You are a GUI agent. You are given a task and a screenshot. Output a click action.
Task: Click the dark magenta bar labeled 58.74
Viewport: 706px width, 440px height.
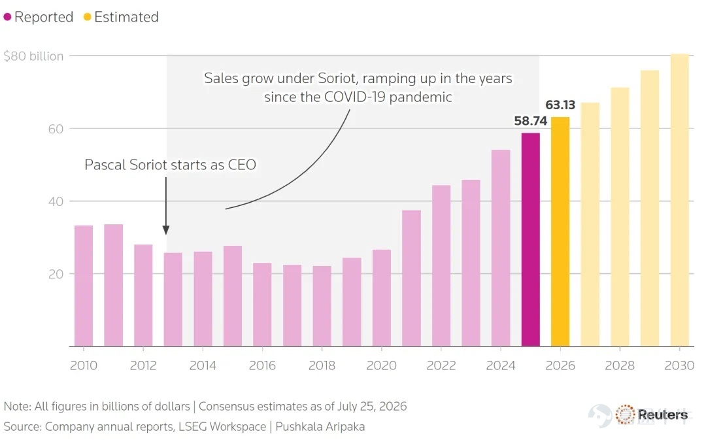tap(530, 239)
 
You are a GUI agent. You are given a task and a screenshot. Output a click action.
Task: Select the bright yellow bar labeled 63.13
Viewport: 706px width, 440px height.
tap(560, 231)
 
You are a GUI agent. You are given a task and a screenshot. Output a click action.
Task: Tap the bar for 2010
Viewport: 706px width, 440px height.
tap(84, 286)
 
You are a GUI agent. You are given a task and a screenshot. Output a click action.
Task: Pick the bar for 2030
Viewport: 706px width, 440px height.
tap(679, 200)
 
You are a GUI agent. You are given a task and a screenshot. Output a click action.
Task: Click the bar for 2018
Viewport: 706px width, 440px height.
tap(322, 306)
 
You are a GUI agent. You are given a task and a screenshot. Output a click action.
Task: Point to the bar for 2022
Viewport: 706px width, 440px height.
tap(441, 265)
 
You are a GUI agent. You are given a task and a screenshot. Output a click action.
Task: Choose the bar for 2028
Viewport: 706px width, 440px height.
tap(620, 217)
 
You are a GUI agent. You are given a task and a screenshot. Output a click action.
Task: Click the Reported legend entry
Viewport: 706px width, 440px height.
tap(39, 17)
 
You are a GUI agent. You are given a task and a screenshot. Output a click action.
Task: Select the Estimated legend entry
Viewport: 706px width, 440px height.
tap(121, 17)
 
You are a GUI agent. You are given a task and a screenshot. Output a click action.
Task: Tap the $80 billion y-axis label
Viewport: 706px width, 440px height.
tap(33, 56)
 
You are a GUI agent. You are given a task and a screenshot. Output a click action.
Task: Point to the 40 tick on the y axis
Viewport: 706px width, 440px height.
tap(56, 201)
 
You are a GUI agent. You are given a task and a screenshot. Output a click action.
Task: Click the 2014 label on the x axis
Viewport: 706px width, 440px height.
tap(203, 365)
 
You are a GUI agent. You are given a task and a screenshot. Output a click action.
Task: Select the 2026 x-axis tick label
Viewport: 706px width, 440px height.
tap(560, 365)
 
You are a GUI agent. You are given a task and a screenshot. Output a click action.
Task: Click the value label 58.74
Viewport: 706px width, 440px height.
tap(530, 121)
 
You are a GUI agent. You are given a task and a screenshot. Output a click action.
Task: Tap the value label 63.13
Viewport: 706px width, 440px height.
tap(560, 105)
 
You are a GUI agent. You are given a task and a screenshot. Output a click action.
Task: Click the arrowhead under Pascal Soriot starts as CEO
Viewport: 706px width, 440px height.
tap(165, 230)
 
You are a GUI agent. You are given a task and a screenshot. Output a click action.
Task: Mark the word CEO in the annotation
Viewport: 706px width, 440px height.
tap(242, 165)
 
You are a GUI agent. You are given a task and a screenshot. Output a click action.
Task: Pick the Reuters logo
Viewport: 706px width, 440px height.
tap(652, 415)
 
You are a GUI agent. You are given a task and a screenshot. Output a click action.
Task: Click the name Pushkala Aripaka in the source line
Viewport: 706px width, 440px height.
tap(320, 426)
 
